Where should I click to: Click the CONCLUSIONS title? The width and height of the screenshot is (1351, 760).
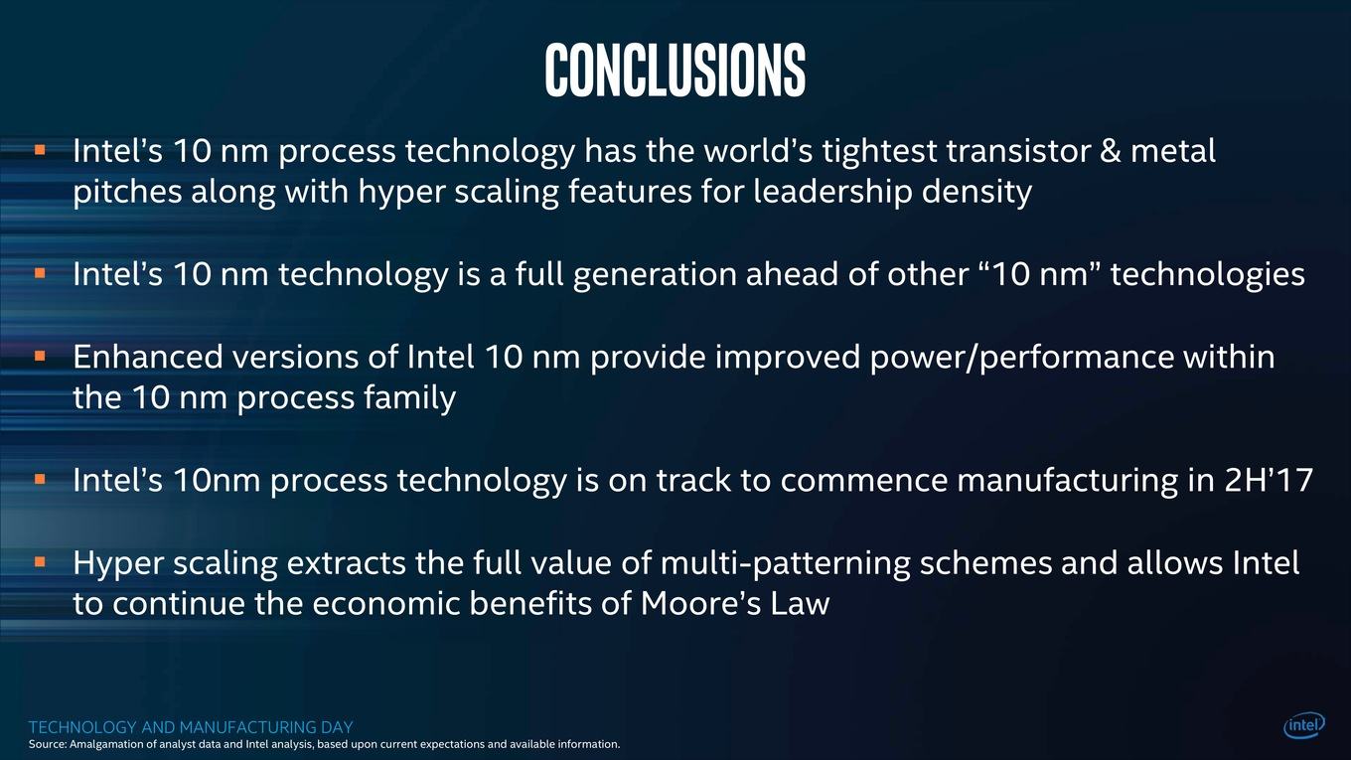coord(675,70)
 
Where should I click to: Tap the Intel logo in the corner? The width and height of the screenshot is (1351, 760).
coord(1304,725)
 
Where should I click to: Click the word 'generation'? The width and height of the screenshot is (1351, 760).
coord(655,275)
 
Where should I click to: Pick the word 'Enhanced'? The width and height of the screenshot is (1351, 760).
coord(148,357)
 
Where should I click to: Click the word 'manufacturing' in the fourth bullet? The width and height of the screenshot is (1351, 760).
coord(1068,481)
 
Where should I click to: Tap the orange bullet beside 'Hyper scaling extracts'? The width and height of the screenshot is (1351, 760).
coord(40,562)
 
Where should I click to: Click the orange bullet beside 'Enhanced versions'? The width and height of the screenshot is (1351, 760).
coord(40,356)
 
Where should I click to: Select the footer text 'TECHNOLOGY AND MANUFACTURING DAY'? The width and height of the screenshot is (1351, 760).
coord(191,727)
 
